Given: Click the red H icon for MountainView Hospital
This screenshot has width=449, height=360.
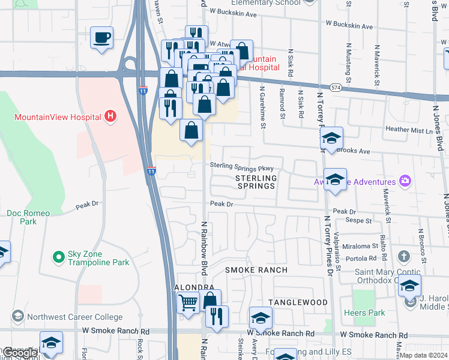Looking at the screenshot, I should (x=109, y=116).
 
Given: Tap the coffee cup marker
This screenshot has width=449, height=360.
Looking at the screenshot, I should (x=101, y=38).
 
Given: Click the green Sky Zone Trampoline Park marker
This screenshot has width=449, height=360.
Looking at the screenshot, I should (x=58, y=257).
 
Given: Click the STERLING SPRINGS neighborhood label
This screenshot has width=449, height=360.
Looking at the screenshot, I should (x=256, y=182).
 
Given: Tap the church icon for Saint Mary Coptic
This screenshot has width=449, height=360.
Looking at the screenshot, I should (x=404, y=257).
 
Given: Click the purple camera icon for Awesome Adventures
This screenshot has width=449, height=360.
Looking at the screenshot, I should (x=405, y=181).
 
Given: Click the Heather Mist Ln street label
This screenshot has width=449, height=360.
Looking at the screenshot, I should (x=409, y=130).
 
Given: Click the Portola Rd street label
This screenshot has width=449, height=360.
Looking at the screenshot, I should (x=364, y=258).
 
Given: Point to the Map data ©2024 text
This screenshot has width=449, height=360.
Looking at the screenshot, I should (x=424, y=355).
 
